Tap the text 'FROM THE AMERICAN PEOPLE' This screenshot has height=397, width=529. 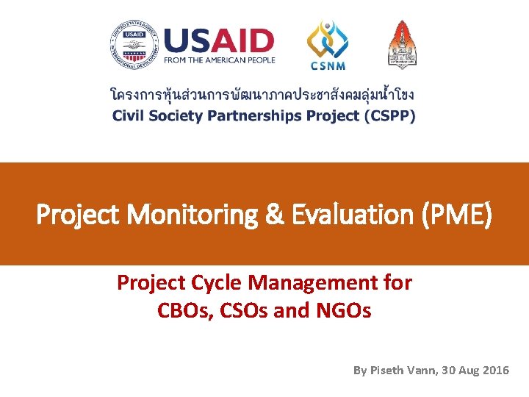coord(219,60)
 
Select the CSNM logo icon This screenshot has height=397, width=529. coord(327,38)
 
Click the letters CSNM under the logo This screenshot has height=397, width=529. coord(327,65)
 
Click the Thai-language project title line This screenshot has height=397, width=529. coord(262,96)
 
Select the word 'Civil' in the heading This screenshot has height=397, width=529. coord(127,116)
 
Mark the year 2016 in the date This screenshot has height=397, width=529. coord(495,371)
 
